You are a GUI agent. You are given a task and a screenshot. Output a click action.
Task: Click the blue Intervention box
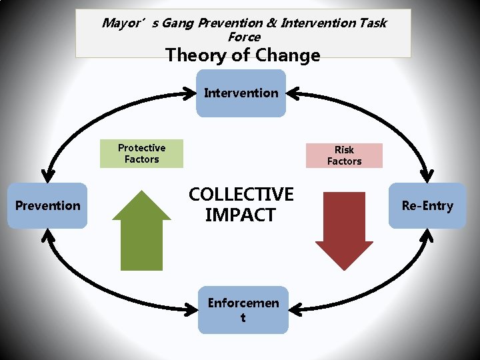click(241, 93)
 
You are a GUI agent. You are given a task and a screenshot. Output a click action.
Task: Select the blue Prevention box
click(48, 205)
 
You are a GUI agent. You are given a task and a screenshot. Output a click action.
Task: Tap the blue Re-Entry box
click(427, 205)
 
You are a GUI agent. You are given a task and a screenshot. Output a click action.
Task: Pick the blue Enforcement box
click(243, 311)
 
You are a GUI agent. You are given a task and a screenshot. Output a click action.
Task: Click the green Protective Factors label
click(141, 153)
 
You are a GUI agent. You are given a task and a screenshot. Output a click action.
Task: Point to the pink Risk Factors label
click(344, 155)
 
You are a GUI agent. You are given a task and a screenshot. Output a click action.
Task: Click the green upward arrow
click(142, 230)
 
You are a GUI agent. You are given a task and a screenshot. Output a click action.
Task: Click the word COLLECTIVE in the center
click(241, 194)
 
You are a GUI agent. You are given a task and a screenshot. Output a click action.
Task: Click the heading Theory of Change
click(243, 55)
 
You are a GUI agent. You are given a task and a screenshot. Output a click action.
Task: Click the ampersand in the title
click(271, 23)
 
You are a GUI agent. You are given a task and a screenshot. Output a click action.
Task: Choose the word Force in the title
click(244, 37)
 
